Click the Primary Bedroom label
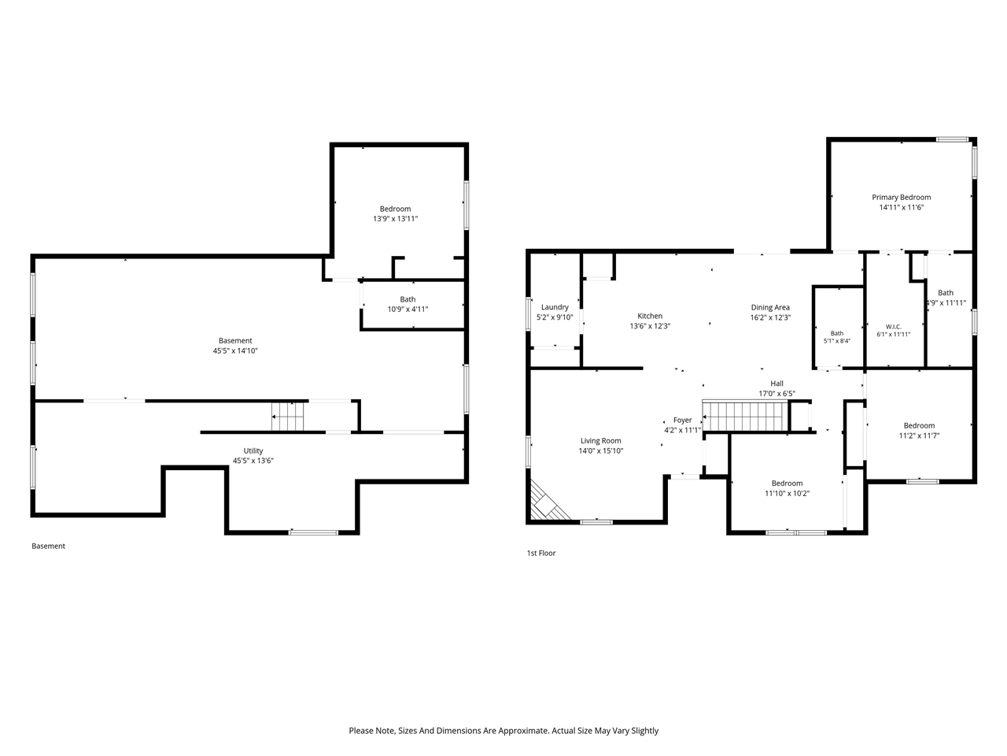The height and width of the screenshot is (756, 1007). click(901, 198)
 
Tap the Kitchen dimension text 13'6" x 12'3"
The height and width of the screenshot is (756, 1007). click(650, 326)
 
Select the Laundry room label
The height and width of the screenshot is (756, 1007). click(555, 307)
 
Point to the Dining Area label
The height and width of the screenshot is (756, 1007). click(770, 308)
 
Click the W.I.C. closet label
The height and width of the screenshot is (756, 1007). click(893, 327)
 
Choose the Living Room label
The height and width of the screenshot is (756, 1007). click(600, 441)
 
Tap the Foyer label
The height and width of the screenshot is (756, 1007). click(682, 420)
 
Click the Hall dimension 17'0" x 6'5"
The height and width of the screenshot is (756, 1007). click(776, 394)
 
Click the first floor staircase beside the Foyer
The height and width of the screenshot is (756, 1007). click(745, 417)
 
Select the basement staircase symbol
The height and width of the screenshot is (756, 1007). click(287, 417)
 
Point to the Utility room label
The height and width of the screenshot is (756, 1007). click(253, 450)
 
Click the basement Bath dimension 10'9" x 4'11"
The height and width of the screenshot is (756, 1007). click(408, 309)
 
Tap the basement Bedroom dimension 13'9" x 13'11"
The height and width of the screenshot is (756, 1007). click(395, 219)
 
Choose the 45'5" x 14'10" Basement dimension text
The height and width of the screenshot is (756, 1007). click(235, 350)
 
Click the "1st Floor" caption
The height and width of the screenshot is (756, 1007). click(541, 553)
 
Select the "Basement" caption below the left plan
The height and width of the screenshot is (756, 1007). click(48, 546)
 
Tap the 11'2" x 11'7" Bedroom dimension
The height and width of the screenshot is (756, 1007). click(919, 435)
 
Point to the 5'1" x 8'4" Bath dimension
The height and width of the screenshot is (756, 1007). click(837, 341)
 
